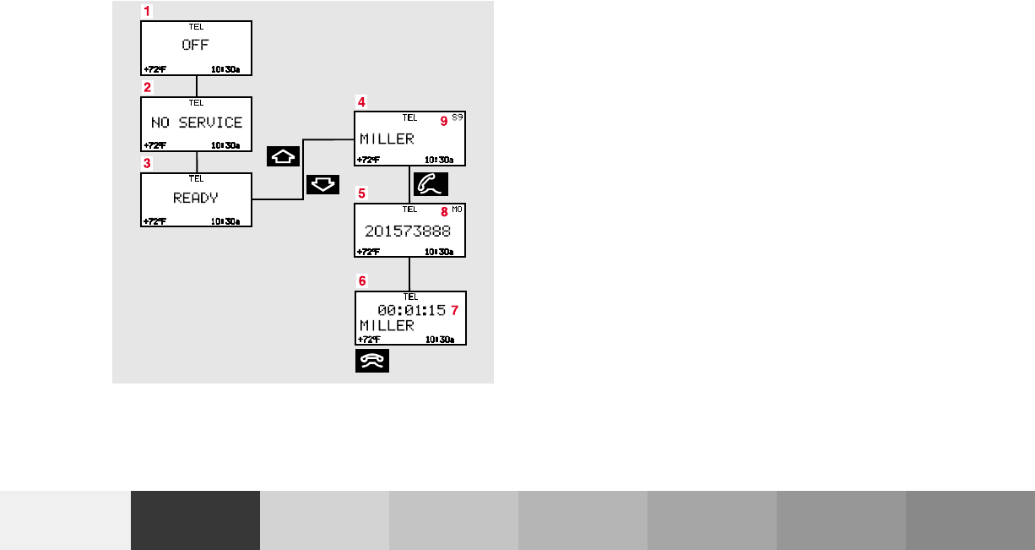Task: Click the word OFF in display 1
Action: point(195,45)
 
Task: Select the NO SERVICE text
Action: point(197,123)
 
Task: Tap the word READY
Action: point(196,199)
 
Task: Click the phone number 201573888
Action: point(407,231)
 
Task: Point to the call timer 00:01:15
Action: point(412,310)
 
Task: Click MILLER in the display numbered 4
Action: point(387,139)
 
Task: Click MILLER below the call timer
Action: point(387,325)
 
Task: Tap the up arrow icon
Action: point(283,156)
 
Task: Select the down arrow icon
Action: point(323,183)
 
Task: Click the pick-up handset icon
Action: point(431,183)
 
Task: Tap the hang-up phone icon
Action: point(372,361)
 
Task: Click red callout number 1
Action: point(147,11)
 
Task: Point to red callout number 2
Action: point(147,87)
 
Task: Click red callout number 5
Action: point(361,193)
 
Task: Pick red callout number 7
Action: point(454,310)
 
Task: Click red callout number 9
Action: point(444,121)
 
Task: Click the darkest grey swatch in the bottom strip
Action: point(195,520)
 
